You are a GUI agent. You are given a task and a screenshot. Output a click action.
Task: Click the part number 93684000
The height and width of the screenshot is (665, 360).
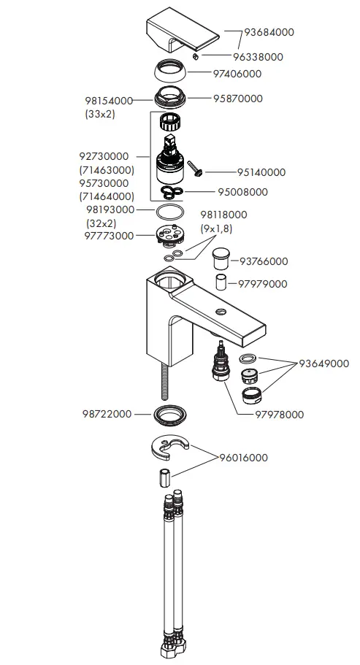[x=269, y=32]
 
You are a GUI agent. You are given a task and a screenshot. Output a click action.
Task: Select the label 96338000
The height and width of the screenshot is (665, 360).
[x=258, y=56]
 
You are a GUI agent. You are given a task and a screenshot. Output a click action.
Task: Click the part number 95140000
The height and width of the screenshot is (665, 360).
[x=261, y=172]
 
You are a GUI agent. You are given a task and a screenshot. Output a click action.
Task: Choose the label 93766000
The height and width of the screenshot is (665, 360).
[x=264, y=261]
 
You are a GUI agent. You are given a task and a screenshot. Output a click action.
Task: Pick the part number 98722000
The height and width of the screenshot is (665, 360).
[x=107, y=414]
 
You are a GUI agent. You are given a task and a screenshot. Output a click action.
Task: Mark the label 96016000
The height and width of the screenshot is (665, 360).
[x=243, y=458]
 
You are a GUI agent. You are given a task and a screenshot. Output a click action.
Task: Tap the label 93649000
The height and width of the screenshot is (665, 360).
[x=323, y=364]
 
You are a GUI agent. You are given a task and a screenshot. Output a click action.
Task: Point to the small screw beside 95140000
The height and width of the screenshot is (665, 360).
[x=196, y=167]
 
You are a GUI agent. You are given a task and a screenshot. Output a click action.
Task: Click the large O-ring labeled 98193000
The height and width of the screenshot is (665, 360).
[x=171, y=212]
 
